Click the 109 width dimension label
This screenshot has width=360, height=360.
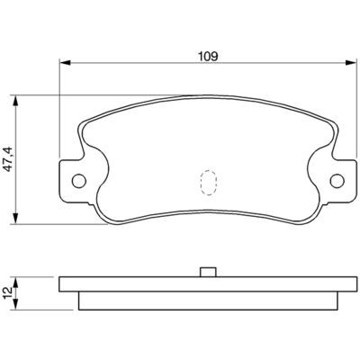pyautogui.click(x=208, y=56)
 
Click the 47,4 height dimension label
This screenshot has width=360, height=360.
pyautogui.click(x=8, y=159)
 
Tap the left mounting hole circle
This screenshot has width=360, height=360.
pyautogui.click(x=79, y=181)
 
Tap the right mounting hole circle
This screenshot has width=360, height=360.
pyautogui.click(x=337, y=181)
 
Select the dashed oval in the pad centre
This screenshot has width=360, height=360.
pyautogui.click(x=208, y=183)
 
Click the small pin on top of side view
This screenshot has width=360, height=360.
pyautogui.click(x=208, y=272)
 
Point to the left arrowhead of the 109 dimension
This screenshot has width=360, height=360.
pyautogui.click(x=65, y=63)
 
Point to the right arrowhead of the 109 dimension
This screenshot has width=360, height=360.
pyautogui.click(x=350, y=63)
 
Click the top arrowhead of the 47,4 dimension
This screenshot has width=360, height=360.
pyautogui.click(x=15, y=101)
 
